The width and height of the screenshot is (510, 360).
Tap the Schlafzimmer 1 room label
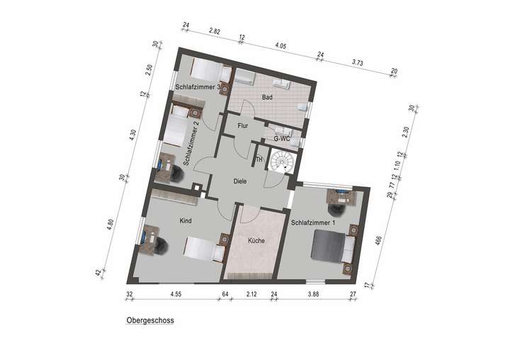[x=313, y=223]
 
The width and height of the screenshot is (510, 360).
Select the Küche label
[x=256, y=241]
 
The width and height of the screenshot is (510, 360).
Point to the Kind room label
[x=186, y=221]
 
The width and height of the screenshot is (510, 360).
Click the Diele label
[x=241, y=181]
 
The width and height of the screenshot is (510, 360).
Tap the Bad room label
[x=266, y=96]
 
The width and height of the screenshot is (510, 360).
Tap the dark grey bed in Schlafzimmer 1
[x=330, y=249]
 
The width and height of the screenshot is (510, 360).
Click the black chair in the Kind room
[x=160, y=244]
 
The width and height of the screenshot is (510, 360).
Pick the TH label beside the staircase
[x=259, y=159]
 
